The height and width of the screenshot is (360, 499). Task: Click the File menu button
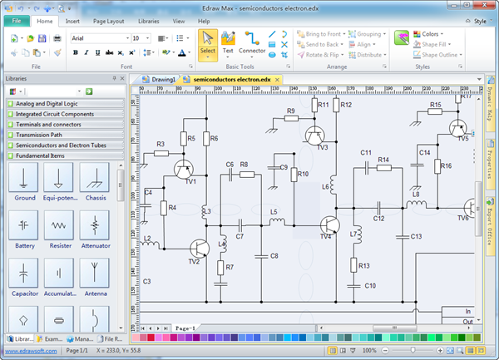tap(16, 20)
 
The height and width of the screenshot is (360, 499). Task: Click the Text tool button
tap(228, 43)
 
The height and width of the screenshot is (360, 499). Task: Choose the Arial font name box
tap(97, 38)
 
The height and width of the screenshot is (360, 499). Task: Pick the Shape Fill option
tap(435, 45)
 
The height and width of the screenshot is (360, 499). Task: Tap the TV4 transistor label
tap(325, 236)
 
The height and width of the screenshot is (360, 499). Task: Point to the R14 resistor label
tap(383, 159)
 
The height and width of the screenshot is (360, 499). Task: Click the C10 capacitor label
tap(370, 285)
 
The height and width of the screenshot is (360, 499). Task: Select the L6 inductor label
tap(326, 188)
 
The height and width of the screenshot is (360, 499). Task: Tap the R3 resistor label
tap(161, 144)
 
